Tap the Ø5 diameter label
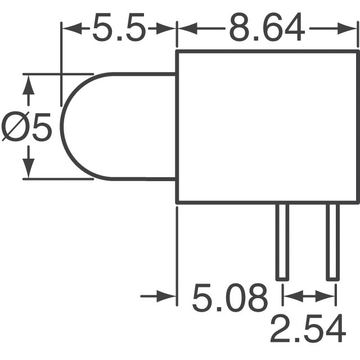point(26,128)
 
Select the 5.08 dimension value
point(229,298)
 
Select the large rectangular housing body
point(268,127)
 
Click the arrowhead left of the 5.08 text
point(168,295)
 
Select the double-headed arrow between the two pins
point(308,295)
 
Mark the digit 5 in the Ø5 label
point(40,128)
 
